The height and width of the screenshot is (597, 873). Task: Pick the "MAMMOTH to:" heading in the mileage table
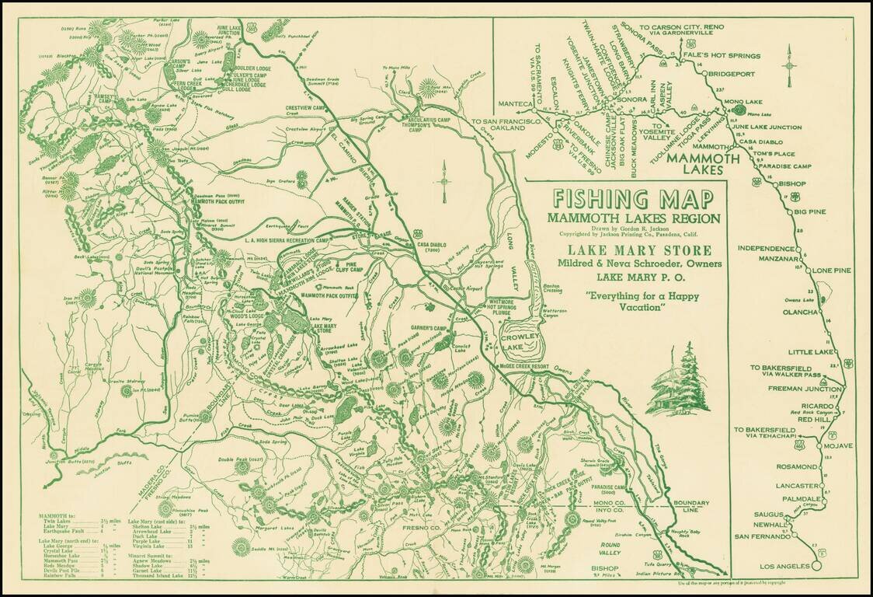58,517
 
